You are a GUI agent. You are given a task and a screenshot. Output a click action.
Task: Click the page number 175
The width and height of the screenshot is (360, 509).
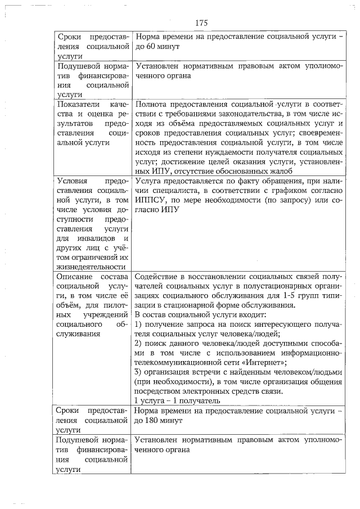pos(202,23)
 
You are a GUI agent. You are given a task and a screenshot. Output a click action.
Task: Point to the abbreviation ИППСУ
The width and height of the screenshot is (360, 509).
pos(148,201)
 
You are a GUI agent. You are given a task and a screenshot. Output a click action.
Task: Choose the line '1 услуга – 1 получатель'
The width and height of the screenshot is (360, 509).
pos(177,400)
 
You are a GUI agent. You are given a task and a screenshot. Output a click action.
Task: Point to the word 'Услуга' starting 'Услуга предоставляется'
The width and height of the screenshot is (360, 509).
pos(148,181)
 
